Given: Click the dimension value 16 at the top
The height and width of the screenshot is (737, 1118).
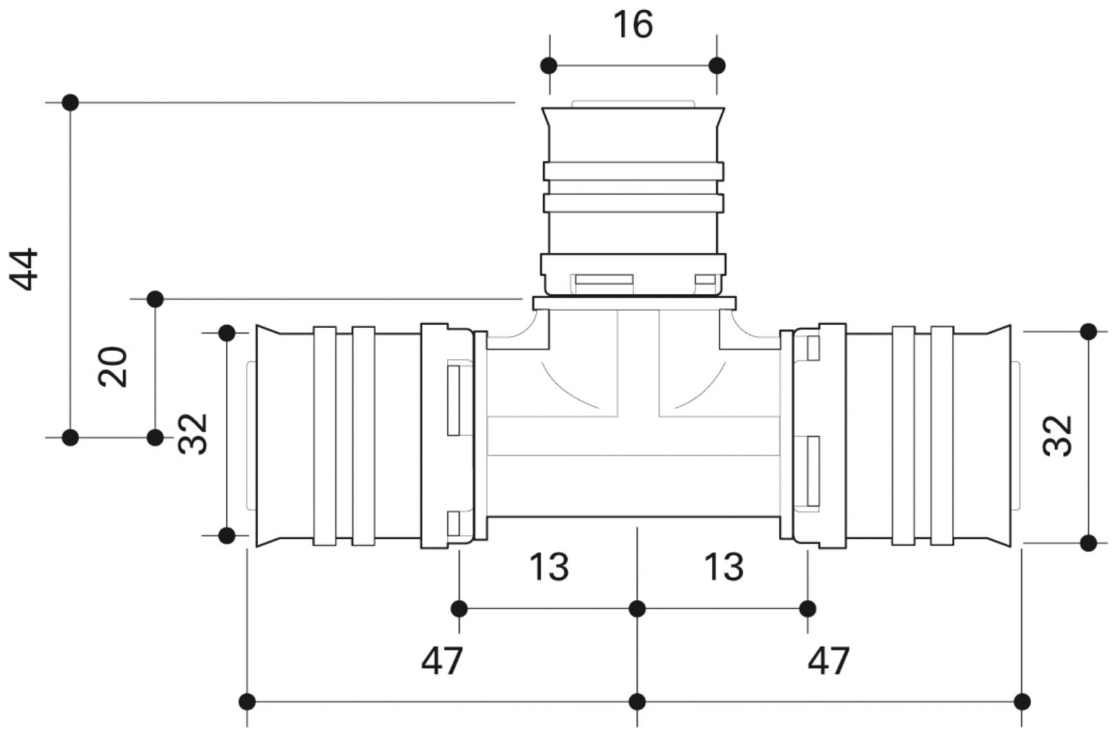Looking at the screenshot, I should click(633, 25).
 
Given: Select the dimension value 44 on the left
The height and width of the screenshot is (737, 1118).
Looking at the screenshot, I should click(24, 269).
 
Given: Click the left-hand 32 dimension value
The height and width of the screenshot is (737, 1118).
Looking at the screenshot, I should click(193, 434).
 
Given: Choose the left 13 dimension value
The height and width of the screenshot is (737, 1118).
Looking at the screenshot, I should click(549, 567).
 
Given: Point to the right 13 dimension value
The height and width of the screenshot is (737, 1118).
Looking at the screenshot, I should click(724, 567).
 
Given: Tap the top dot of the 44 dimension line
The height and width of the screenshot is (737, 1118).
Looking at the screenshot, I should click(70, 102).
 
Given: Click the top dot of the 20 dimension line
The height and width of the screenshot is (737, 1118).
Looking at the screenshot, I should click(155, 299).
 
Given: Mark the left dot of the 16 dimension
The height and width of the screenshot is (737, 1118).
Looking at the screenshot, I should click(549, 66).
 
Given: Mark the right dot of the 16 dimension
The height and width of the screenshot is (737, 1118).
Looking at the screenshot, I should click(717, 66).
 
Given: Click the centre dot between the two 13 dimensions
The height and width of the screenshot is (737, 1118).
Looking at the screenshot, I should click(637, 608).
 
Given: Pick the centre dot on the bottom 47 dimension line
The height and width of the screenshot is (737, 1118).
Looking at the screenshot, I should click(637, 702).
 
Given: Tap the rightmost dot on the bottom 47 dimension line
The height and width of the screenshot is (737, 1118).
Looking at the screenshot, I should click(1022, 702).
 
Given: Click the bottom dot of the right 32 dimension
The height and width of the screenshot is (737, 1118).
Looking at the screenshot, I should click(1088, 543).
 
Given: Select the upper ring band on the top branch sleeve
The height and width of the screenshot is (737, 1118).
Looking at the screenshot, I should click(634, 171).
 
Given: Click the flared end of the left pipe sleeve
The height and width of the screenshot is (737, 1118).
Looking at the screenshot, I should click(268, 436).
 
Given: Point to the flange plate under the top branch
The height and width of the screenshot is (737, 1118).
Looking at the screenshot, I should click(634, 304).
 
